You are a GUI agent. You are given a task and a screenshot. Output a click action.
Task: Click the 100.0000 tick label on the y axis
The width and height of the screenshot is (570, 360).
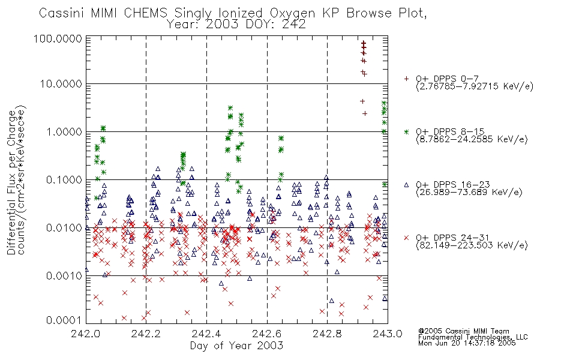coord(58,38)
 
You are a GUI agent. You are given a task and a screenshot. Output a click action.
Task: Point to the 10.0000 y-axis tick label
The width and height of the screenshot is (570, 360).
coord(61,84)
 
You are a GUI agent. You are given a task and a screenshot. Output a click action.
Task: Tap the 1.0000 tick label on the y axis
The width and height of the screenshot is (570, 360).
coord(64,131)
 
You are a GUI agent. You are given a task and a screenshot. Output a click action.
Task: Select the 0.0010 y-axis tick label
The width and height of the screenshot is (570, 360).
coord(64,275)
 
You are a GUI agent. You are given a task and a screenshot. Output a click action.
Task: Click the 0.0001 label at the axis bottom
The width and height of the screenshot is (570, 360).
coord(64,320)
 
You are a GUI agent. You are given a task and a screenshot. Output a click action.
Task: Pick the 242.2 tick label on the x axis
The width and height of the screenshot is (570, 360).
coord(146,334)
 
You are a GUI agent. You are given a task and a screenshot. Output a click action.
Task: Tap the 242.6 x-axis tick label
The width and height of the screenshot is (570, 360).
coord(267,334)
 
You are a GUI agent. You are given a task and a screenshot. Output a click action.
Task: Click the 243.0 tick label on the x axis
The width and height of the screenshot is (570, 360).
coord(388,334)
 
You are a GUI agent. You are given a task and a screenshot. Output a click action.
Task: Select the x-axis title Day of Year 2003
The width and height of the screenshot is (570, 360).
coord(236,346)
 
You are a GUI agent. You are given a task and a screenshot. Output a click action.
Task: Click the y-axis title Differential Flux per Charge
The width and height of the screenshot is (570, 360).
coord(11,181)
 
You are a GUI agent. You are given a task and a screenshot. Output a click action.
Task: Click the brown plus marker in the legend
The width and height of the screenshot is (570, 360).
coord(406,79)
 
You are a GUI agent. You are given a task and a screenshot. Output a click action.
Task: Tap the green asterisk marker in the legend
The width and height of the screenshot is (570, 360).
coord(406,131)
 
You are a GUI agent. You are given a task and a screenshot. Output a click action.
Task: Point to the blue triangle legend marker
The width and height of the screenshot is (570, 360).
coord(406,185)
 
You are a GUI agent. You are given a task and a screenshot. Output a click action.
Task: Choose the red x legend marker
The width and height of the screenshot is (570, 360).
coord(406,238)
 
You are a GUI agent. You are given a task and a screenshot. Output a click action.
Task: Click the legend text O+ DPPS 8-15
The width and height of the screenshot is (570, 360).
coord(451,131)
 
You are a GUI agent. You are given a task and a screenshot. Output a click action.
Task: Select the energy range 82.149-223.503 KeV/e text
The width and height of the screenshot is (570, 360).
coord(472,245)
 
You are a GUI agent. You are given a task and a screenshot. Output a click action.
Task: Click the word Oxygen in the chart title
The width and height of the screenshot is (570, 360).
coord(293,13)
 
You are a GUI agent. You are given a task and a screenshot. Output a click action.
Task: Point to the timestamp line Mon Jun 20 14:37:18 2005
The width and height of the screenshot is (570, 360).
coord(467,343)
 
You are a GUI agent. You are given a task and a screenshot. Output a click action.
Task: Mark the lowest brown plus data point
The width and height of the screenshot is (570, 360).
coord(365,114)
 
